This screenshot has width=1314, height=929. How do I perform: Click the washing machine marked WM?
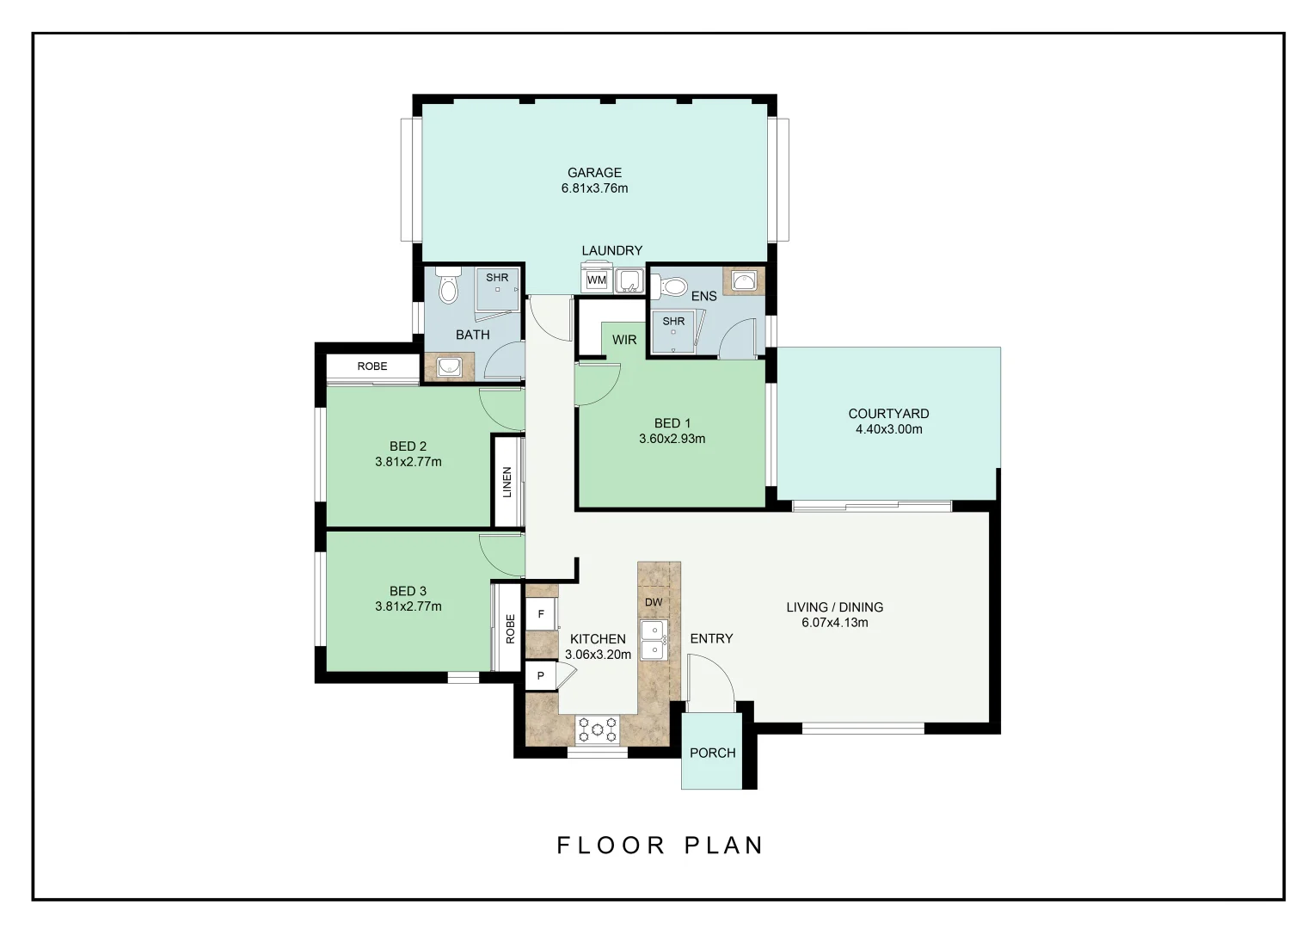coord(597,280)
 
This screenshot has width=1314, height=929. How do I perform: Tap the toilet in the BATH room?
coord(447,286)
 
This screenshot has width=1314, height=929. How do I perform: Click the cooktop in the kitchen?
coord(598,729)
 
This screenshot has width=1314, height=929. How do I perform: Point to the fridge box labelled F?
coord(541,614)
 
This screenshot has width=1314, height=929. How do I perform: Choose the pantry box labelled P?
coord(541,676)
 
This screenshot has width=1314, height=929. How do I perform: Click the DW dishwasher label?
coord(654,602)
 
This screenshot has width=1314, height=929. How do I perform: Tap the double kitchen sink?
coord(653,639)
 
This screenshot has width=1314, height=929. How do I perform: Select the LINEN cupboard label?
coord(507,482)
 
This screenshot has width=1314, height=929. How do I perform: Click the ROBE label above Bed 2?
coord(372,366)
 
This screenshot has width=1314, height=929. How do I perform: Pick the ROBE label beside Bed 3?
coord(510,629)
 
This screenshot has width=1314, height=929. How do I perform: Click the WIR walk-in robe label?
coord(624,340)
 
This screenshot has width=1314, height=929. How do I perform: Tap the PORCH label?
coord(712,753)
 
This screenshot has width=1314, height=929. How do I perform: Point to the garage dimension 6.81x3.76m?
coord(594,188)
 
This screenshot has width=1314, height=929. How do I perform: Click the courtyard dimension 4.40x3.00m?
coord(888,429)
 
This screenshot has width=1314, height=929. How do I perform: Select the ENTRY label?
coord(711,638)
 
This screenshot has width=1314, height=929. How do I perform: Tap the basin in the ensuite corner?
coord(744,281)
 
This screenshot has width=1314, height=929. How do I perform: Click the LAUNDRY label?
coord(611,250)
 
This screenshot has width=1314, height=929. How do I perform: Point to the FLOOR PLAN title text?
coord(660,846)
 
